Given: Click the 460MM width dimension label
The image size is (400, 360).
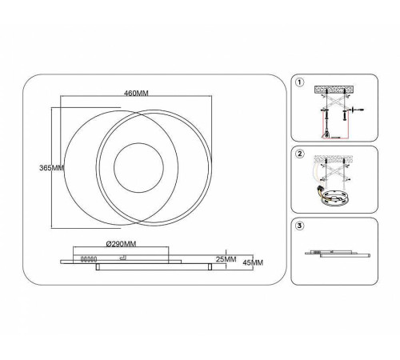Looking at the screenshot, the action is pos(136,93).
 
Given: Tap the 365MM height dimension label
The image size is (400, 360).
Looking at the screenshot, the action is pos(52,168).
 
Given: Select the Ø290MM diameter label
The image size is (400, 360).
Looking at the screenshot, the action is pos(121,244).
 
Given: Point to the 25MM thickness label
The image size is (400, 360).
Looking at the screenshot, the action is pos(226,259).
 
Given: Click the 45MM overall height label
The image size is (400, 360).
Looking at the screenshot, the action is pos(253,262).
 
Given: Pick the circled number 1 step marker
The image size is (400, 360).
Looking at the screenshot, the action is pos(300,82).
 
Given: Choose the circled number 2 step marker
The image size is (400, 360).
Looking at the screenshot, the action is pos(300,154).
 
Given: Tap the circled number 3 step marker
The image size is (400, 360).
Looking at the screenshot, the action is pos(300,226).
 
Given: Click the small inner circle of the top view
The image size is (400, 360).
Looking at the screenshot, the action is pos(138,143).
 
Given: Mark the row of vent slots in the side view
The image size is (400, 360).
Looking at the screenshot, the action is pos(89,259).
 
